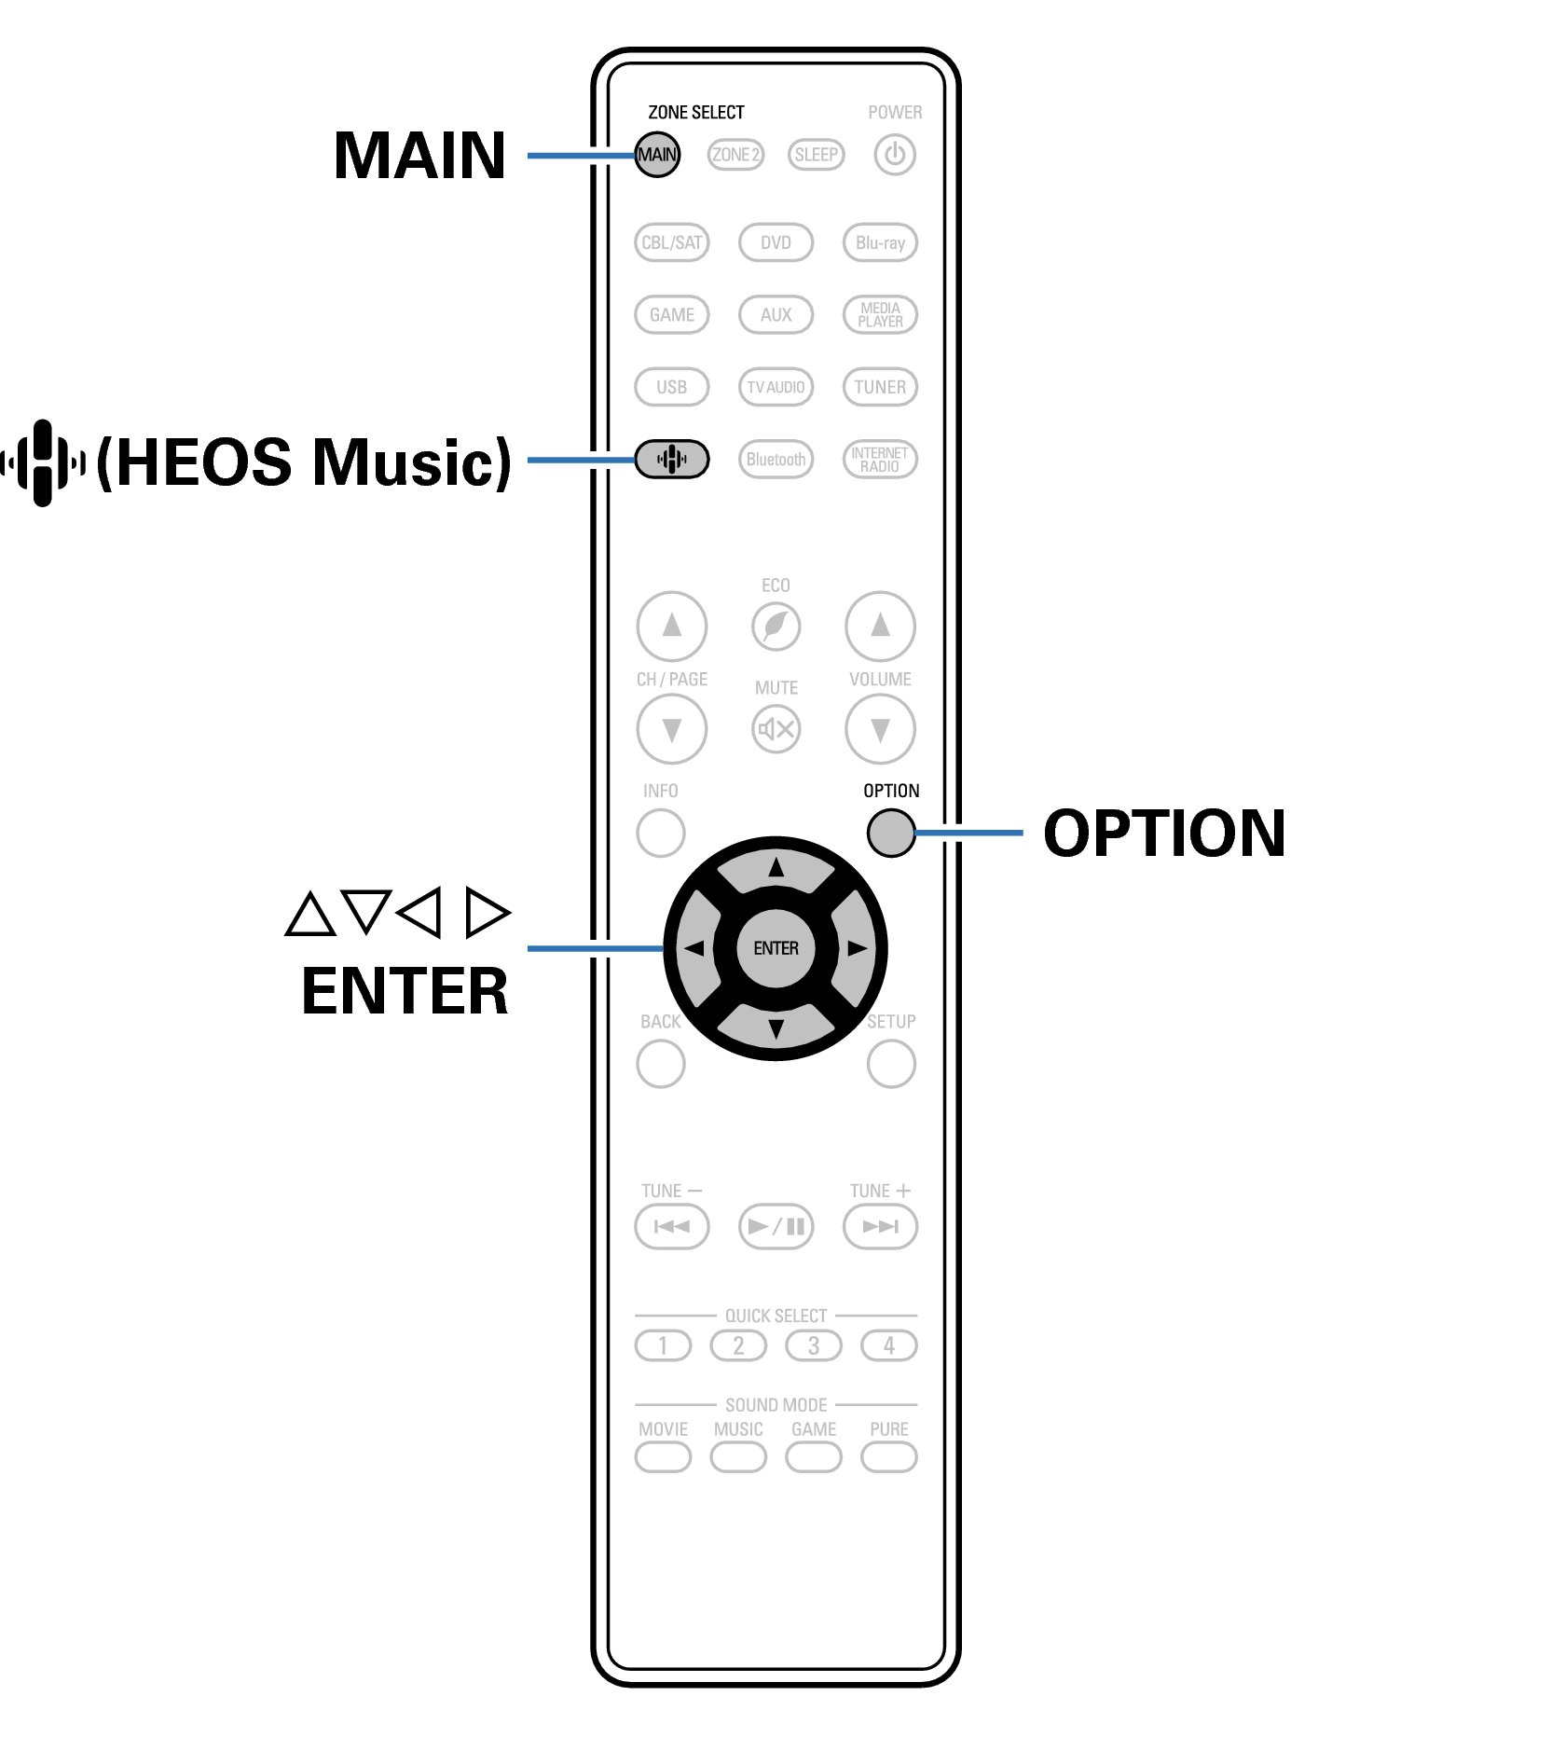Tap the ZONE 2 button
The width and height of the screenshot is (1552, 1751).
(735, 155)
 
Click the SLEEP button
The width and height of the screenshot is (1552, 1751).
(816, 155)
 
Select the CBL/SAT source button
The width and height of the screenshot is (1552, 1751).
(671, 243)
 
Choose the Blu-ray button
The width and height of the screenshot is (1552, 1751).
(880, 243)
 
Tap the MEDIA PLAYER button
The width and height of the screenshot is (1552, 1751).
(880, 315)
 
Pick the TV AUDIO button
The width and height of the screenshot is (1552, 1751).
(776, 387)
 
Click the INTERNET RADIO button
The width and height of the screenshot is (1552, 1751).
(880, 460)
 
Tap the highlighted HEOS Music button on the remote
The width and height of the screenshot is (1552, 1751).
(671, 460)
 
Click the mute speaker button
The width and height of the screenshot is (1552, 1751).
(776, 729)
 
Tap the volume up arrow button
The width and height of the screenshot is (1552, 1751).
(880, 626)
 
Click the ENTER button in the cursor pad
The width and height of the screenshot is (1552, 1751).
(776, 948)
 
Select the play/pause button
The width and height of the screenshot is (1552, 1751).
(776, 1226)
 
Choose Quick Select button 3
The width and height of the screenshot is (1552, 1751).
(814, 1346)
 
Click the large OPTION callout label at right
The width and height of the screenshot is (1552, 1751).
(1164, 833)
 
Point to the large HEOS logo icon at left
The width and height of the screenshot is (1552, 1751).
(43, 462)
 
